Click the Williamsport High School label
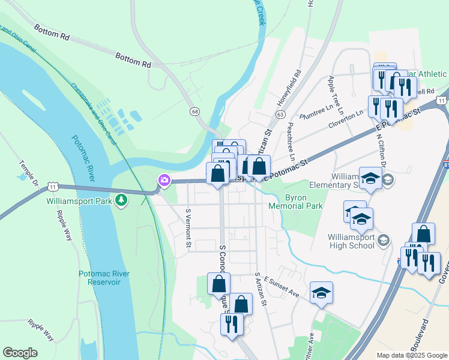coord(352,241)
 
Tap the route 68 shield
coord(194,112)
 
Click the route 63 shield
coord(280,114)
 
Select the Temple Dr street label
coord(28,172)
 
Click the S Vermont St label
coord(188,228)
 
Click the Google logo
coord(20,353)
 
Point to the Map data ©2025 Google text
coord(411,355)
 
